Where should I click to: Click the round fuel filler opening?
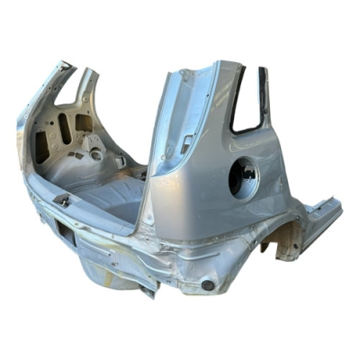tap(243, 177)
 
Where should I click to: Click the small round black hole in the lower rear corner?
tap(208, 284)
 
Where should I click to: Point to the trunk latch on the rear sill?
tap(63, 200)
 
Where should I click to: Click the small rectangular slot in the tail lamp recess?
tap(186, 141)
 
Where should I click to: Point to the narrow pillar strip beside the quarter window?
tap(264, 94)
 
